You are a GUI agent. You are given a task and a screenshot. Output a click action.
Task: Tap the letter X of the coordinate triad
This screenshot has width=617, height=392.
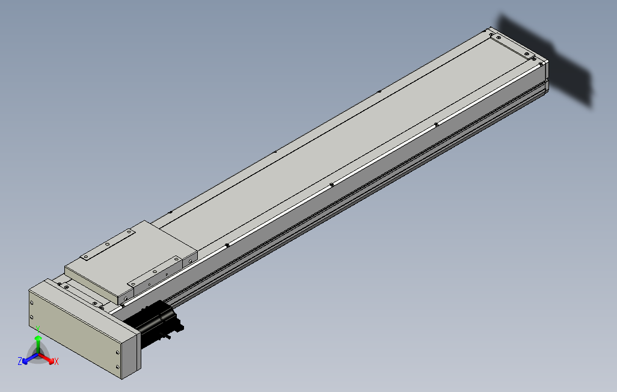(56, 361)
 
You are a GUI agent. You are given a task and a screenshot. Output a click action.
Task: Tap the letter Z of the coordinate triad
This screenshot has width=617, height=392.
(20, 361)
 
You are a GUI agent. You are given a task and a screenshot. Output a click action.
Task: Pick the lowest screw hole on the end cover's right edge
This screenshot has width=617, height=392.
(116, 366)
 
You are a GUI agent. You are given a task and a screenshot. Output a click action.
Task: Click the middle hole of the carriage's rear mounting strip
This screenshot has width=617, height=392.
(107, 245)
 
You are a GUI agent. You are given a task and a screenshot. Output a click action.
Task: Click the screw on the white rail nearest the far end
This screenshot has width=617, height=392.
(436, 124)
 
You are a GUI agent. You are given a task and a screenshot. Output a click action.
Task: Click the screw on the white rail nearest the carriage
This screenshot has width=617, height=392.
(227, 245)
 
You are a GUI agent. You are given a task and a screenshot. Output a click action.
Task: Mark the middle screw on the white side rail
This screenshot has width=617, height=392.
(331, 185)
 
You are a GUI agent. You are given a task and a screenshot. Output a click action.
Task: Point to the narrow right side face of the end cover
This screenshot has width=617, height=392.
(130, 355)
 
